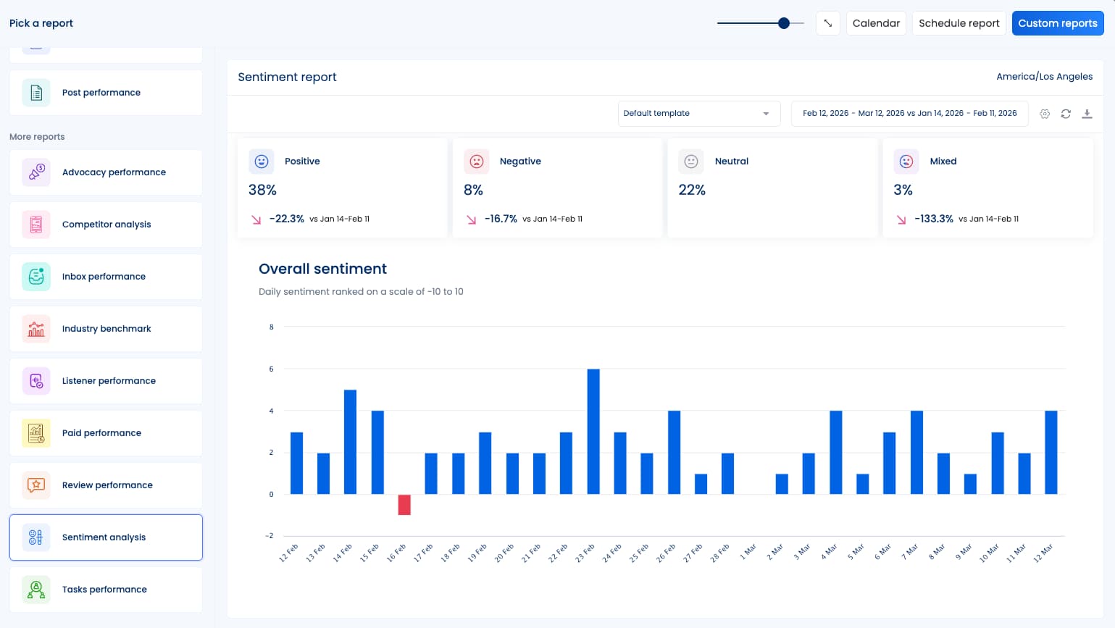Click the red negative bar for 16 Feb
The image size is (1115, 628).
(404, 504)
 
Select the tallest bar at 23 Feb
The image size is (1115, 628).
(593, 432)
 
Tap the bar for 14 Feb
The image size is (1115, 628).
(350, 442)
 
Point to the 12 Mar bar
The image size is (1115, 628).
(1051, 452)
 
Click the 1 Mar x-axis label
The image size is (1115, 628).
(748, 552)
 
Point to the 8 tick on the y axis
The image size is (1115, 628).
(272, 327)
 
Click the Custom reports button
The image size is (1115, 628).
(1057, 23)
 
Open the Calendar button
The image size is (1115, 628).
(876, 23)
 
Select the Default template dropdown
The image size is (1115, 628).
(698, 114)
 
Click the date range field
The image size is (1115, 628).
(909, 114)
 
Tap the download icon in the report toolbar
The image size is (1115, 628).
(1087, 114)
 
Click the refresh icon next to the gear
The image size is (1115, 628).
(1066, 114)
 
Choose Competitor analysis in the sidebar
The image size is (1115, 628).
(106, 225)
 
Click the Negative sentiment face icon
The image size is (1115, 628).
(477, 162)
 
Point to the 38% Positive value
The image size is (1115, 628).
(262, 190)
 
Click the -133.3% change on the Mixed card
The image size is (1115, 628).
(933, 219)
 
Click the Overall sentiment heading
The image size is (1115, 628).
(322, 269)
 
